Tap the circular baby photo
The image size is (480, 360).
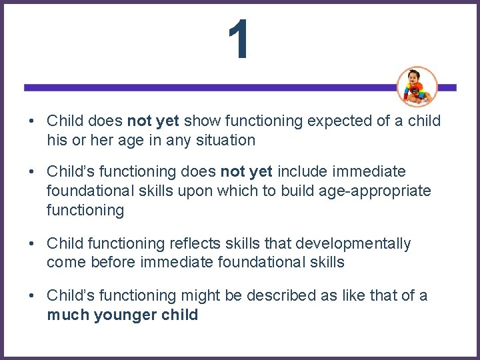coord(417,87)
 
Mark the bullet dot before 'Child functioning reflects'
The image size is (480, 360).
coord(32,244)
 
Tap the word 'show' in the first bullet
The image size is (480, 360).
coord(203,121)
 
